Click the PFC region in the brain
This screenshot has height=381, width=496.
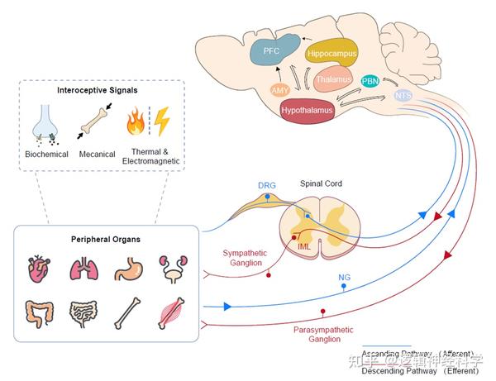click(x=271, y=51)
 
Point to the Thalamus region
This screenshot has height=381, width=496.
click(x=334, y=80)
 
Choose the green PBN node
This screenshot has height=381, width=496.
click(x=370, y=81)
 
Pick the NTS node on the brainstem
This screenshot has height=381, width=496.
click(x=403, y=96)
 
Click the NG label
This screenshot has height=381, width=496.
click(x=344, y=277)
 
